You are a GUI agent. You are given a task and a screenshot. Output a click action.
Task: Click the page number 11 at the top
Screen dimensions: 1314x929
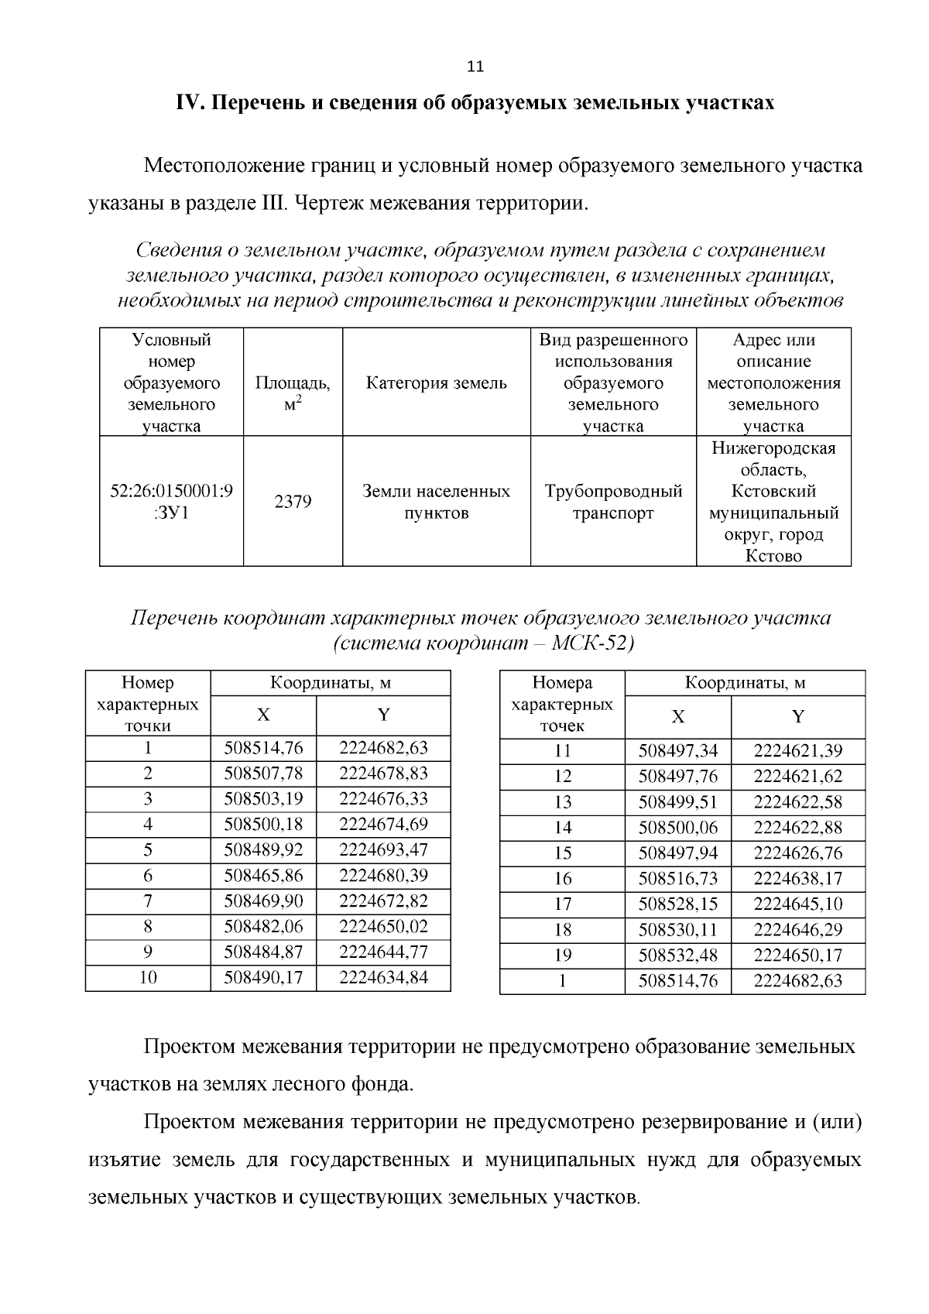tap(475, 67)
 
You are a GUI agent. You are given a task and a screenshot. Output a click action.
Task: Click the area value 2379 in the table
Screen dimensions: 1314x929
tap(293, 502)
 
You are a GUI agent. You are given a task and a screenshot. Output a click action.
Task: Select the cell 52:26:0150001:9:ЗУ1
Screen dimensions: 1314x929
tap(172, 502)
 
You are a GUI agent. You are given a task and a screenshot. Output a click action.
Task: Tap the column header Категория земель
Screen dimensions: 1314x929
tap(436, 383)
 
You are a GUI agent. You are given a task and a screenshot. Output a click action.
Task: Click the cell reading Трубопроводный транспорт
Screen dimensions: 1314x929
tap(613, 502)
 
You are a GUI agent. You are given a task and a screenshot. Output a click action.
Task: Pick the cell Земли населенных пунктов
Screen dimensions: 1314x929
tap(436, 502)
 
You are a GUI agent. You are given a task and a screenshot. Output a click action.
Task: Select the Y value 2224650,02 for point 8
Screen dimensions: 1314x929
tap(383, 926)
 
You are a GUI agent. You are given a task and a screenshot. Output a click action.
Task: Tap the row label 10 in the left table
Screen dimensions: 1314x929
tap(148, 977)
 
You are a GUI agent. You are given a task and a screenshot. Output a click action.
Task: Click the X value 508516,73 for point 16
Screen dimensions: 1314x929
tap(677, 878)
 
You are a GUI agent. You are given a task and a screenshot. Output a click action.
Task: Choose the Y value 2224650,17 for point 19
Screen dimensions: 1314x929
tap(797, 955)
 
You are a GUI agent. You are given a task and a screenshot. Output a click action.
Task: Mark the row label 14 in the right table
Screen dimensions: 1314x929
tap(563, 827)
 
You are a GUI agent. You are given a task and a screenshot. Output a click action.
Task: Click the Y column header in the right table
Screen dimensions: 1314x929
tap(797, 716)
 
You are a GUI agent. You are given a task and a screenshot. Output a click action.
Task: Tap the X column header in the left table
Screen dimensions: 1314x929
tap(263, 715)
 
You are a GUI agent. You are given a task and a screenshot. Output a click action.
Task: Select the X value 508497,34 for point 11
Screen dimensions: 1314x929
tap(677, 750)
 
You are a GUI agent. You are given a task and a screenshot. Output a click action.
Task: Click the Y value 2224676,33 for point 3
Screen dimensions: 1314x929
tap(383, 798)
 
